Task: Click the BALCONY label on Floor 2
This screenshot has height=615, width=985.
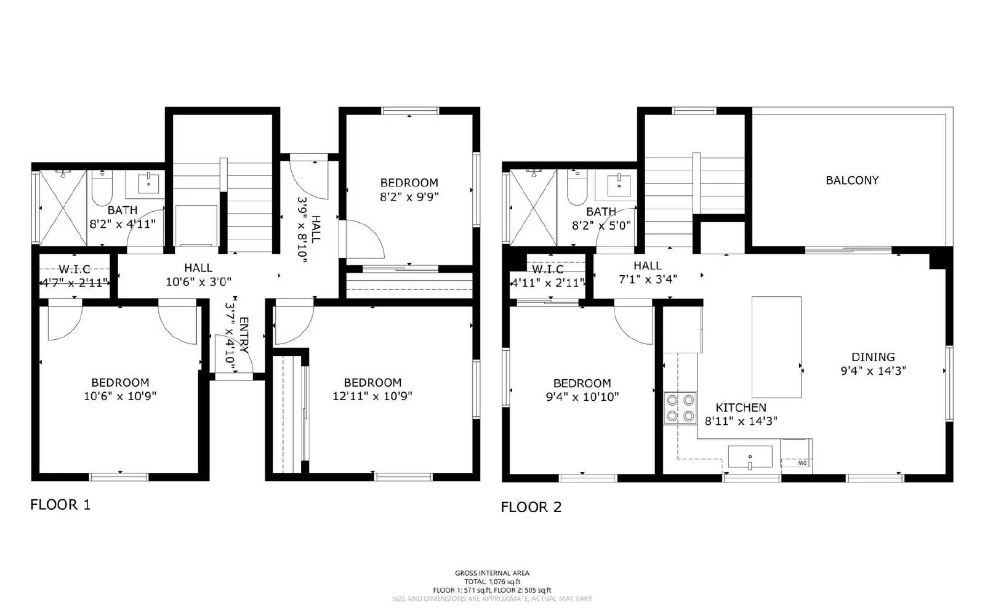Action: point(852,180)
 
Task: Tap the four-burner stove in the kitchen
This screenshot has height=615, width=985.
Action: point(680,408)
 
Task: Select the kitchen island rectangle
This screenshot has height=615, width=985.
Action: point(776,347)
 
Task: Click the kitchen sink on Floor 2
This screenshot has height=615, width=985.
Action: point(750,457)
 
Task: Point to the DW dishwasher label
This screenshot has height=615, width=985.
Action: point(802,462)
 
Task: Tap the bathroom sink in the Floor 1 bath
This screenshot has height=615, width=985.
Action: point(148,183)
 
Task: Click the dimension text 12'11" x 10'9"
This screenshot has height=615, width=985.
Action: point(372,396)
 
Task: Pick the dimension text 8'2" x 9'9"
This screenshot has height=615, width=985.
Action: point(409,197)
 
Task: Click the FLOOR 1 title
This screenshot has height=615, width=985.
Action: point(60,505)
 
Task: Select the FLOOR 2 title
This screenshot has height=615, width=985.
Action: point(531,507)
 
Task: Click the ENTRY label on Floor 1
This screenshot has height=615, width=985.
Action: point(244,336)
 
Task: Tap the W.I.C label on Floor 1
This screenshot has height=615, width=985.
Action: point(74,270)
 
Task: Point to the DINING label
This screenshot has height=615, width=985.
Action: point(873,357)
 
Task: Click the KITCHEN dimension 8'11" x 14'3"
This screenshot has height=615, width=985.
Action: point(741,421)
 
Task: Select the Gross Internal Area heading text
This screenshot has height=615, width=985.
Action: point(492,573)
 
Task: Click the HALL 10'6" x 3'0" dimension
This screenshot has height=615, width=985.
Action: point(198,282)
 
